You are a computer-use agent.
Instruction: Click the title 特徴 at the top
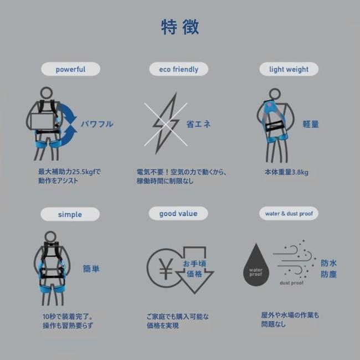coord(180,27)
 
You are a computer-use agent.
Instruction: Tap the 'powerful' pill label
coord(71,69)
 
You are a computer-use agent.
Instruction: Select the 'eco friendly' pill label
coord(179,69)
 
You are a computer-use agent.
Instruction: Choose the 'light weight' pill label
coord(289,69)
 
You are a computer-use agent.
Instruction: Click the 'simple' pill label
coord(70,214)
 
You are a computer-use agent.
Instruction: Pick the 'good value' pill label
coord(178,214)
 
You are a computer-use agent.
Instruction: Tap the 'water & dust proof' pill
coord(289,214)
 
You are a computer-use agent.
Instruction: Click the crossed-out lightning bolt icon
coord(166,124)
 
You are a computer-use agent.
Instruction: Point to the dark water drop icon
coord(256,265)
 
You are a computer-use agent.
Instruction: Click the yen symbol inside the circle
coord(166,269)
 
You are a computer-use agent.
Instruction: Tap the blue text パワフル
coord(97,124)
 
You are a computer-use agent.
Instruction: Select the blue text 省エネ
coord(199,124)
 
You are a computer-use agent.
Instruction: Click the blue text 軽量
coord(311,124)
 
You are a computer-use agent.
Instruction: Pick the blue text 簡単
coord(91,269)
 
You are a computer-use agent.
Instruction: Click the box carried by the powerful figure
coord(43,121)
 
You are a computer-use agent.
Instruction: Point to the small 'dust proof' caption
coord(291,283)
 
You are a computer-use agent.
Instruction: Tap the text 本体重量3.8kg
coord(286,172)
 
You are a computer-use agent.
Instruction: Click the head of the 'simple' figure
coord(50,237)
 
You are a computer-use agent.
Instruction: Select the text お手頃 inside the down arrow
coord(195,264)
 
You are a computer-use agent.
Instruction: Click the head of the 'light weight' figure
coord(275,94)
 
